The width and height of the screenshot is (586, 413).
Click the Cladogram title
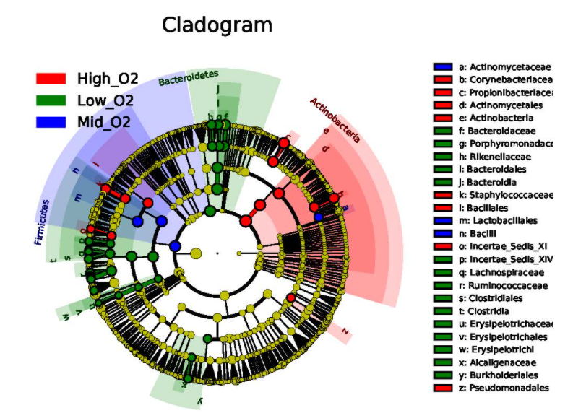(217, 25)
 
